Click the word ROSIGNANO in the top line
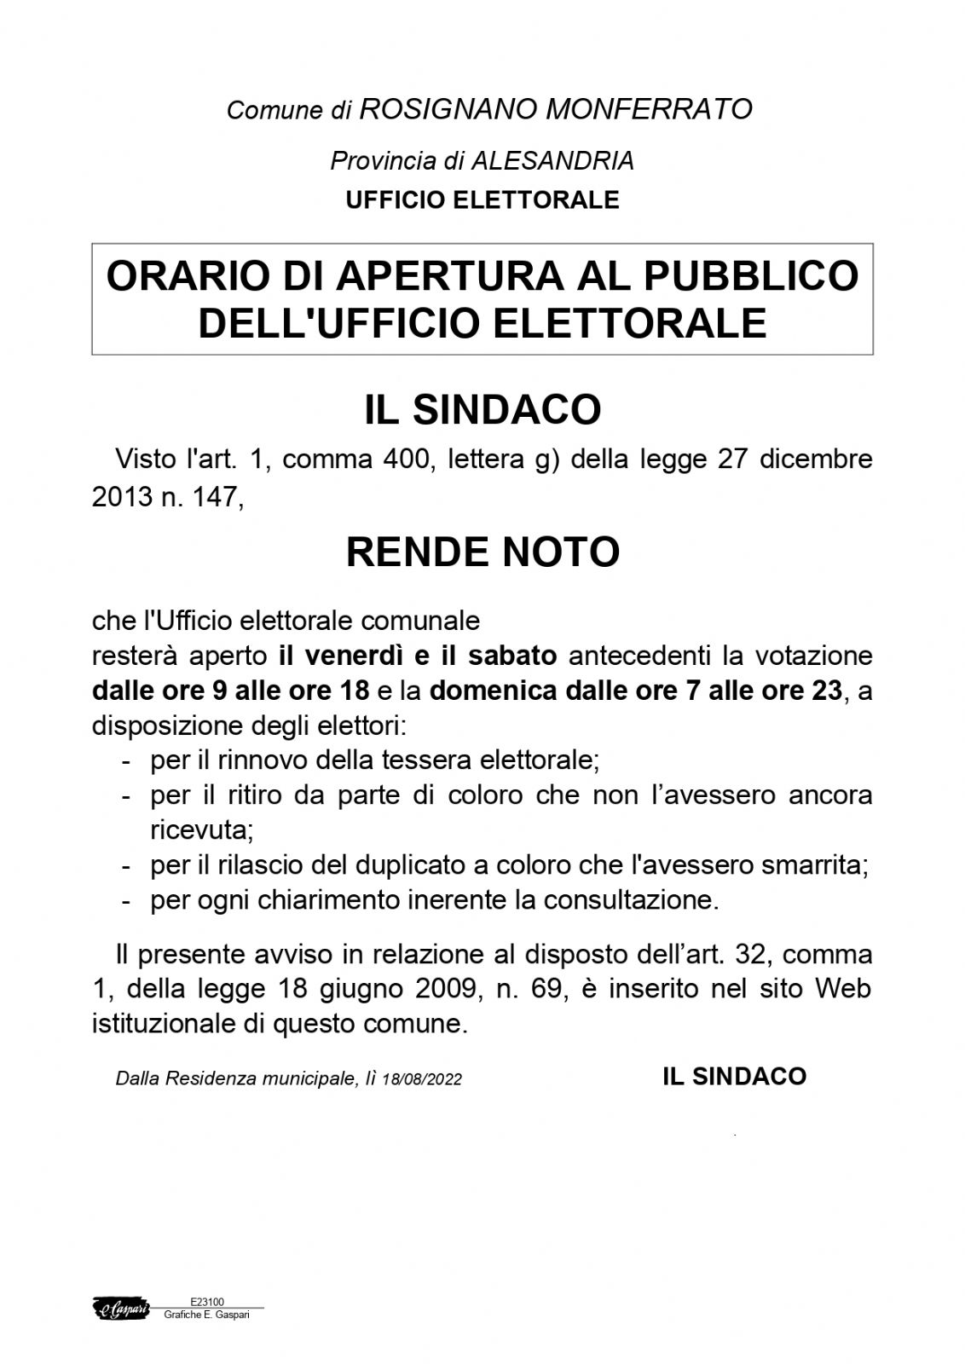(x=448, y=109)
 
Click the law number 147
(x=217, y=497)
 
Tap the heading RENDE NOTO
(x=482, y=552)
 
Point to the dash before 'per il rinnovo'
(x=126, y=760)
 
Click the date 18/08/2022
(x=422, y=1079)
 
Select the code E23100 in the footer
(x=207, y=1302)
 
